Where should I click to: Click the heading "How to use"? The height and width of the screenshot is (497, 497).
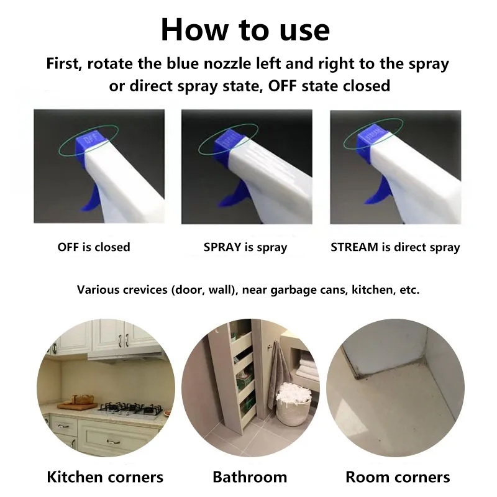(245, 30)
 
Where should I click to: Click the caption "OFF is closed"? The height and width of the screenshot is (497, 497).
(94, 247)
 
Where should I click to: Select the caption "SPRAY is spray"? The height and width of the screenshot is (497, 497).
(245, 247)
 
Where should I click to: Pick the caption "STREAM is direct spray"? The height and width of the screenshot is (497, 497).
(395, 247)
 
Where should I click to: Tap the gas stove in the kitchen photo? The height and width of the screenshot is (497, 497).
(130, 410)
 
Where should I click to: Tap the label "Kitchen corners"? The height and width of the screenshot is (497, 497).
(105, 477)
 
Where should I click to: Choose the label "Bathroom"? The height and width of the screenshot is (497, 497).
(250, 477)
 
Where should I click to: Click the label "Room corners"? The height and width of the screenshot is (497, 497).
(398, 477)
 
